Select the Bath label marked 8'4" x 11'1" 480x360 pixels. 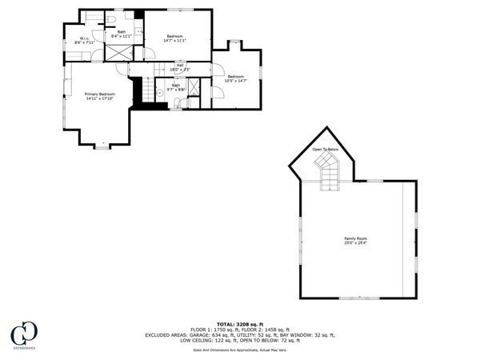[x=122, y=34]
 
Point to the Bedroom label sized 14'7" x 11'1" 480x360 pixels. [x=175, y=38]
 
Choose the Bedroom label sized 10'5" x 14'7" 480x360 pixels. [x=235, y=78]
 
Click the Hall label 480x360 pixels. [x=180, y=68]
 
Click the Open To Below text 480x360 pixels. [x=326, y=149]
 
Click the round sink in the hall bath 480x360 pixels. [x=159, y=92]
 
